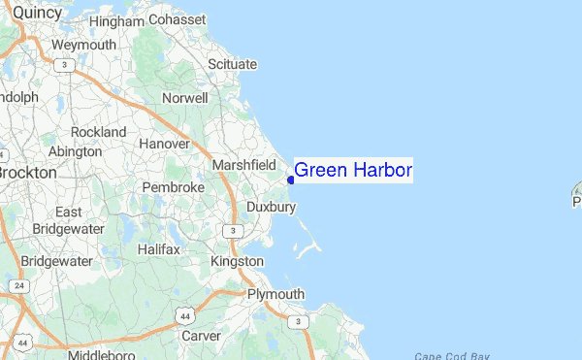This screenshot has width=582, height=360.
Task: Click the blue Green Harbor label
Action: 353,171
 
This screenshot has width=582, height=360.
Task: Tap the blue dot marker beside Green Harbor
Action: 291,180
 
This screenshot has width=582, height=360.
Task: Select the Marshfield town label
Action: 244,164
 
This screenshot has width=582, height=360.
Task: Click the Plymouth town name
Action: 275,294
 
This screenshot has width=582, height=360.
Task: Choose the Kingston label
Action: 238,261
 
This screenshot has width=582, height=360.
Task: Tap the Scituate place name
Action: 233,64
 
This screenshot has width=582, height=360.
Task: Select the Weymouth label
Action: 83,45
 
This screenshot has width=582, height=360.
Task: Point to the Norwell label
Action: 185,98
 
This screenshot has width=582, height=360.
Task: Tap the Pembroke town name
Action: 174,186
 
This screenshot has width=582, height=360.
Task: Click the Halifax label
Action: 158,249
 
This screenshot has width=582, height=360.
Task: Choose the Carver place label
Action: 202,336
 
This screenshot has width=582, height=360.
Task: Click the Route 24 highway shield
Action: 18,286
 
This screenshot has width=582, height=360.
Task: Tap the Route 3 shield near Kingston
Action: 231,230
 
